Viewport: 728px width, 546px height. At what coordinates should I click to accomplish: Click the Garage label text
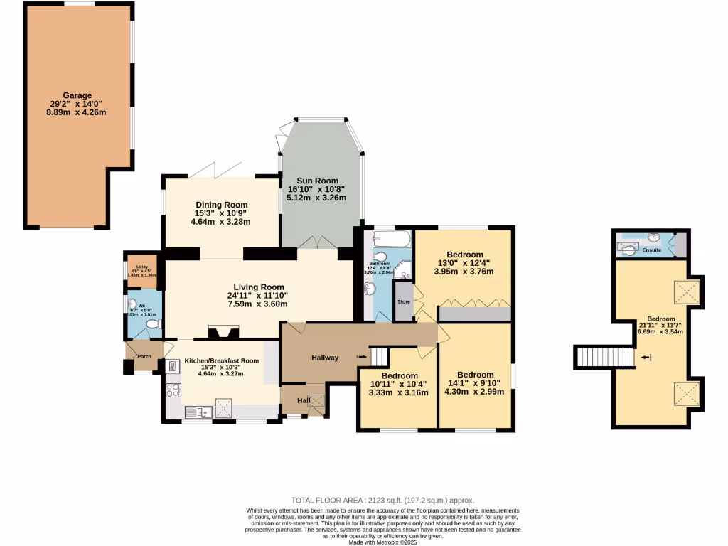click(x=77, y=95)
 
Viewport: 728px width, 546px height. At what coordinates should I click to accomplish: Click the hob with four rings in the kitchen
click(x=173, y=390)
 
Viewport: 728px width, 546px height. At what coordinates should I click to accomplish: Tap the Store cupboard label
click(x=404, y=301)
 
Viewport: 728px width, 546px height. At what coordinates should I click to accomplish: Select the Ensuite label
click(x=652, y=250)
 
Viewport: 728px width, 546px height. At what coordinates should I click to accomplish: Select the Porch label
click(x=144, y=356)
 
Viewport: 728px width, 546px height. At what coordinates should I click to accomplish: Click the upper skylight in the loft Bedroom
click(x=687, y=291)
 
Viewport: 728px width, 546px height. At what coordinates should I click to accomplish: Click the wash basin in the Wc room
click(x=132, y=305)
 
